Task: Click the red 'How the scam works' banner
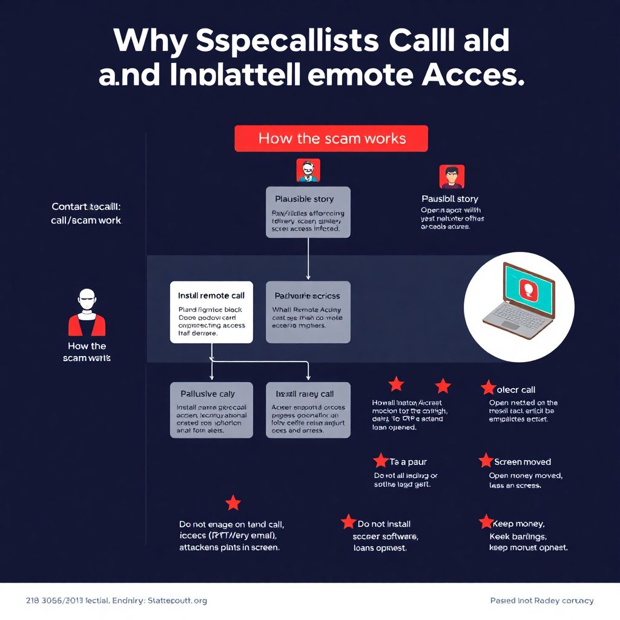331,139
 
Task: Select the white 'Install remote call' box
211,312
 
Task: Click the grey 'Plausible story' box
308,212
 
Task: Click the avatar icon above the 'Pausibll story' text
452,177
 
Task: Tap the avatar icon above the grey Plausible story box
308,171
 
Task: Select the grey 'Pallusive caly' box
211,410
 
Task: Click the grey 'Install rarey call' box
308,410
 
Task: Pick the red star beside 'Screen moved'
486,461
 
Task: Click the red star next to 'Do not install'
348,522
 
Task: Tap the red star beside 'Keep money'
486,522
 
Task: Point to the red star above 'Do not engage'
233,503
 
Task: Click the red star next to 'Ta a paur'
380,461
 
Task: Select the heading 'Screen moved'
523,462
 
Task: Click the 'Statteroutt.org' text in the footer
178,601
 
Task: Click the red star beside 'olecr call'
488,388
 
